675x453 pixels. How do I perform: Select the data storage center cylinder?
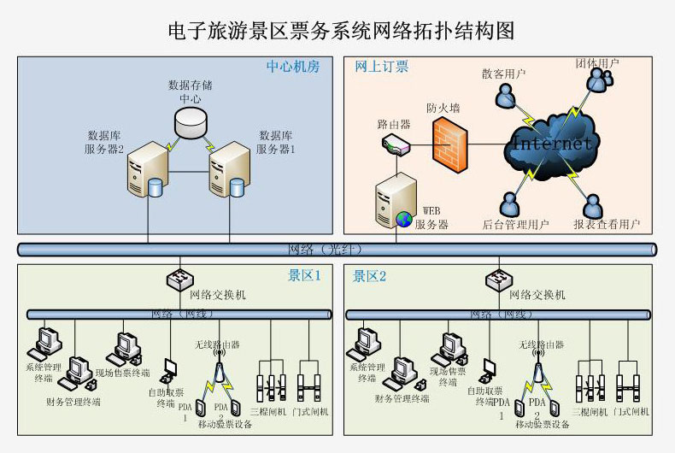pyautogui.click(x=191, y=123)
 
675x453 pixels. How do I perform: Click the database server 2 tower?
pyautogui.click(x=144, y=171)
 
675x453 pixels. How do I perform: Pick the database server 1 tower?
pyautogui.click(x=228, y=171)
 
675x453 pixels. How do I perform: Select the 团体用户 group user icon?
pyautogui.click(x=598, y=81)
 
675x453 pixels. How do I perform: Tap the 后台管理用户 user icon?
pyautogui.click(x=510, y=203)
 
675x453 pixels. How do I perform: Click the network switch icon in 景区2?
pyautogui.click(x=497, y=279)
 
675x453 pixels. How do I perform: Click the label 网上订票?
pyautogui.click(x=381, y=66)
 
